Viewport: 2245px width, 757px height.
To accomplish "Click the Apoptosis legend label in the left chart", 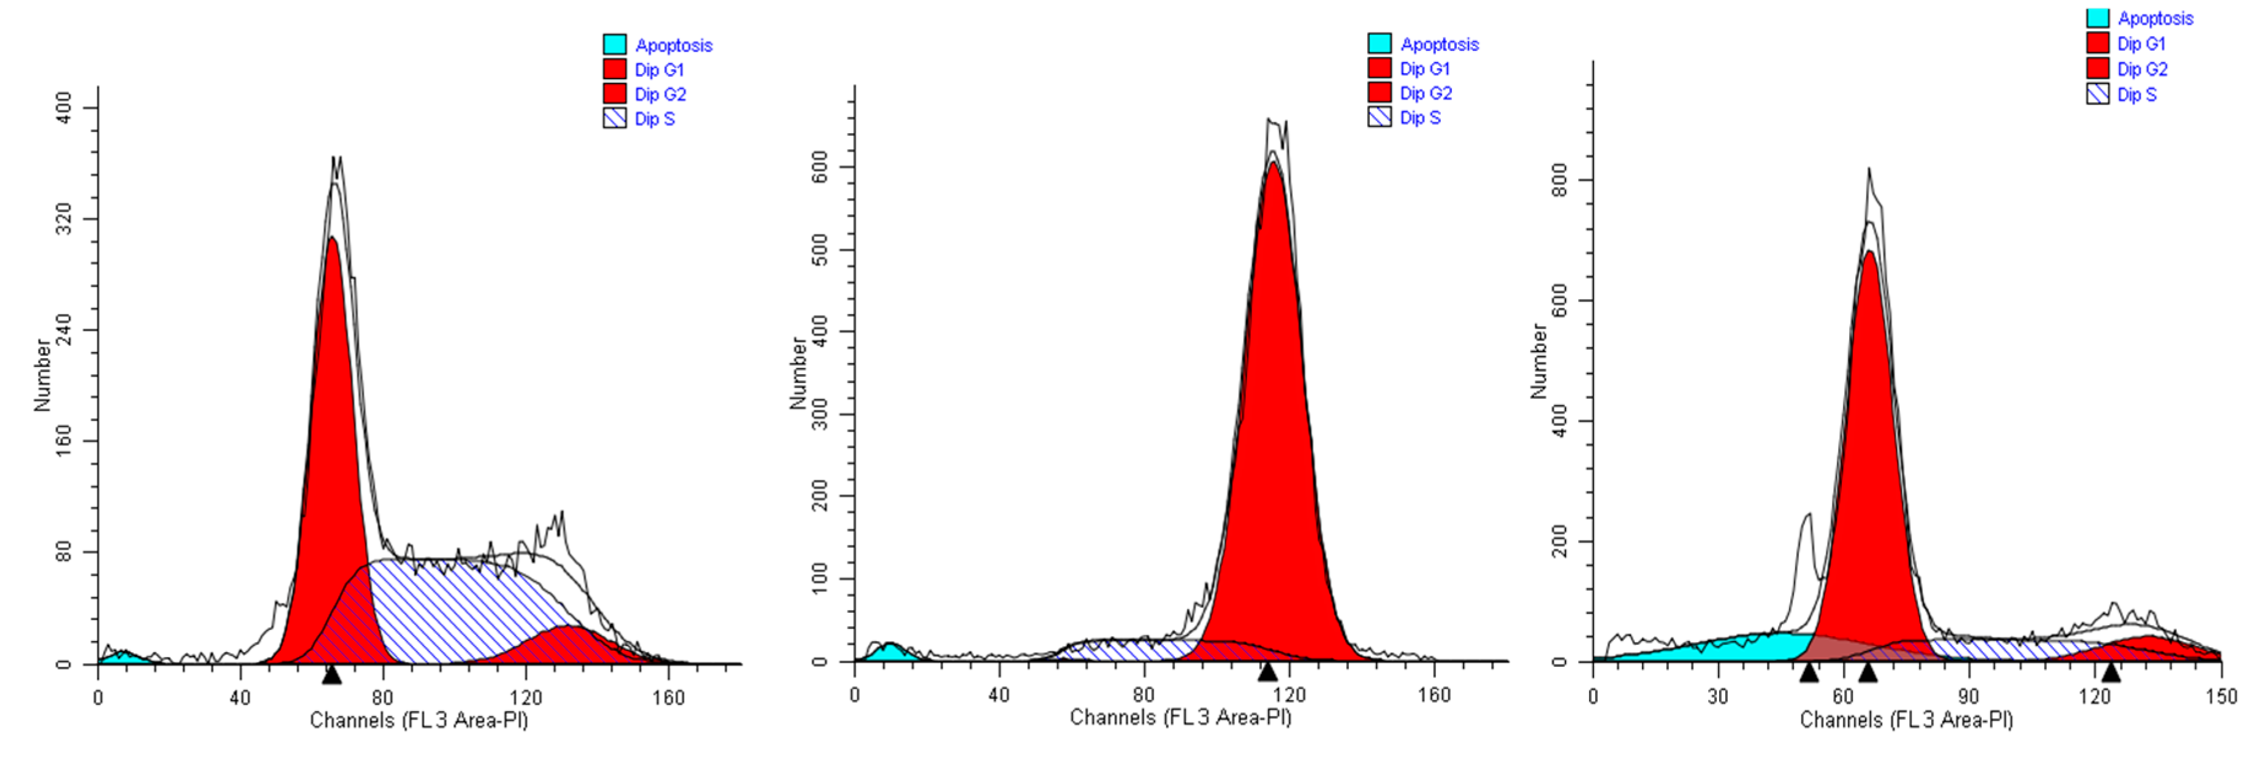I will pyautogui.click(x=674, y=45).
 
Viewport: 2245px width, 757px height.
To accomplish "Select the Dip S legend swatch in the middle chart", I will pyautogui.click(x=1380, y=117).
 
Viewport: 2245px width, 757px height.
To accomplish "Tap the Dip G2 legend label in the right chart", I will pyautogui.click(x=2142, y=69).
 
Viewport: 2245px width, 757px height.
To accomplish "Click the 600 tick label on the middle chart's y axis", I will pyautogui.click(x=820, y=167).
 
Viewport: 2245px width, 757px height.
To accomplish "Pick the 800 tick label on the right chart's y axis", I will pyautogui.click(x=1560, y=180).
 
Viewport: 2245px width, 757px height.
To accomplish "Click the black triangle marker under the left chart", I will pyautogui.click(x=331, y=674).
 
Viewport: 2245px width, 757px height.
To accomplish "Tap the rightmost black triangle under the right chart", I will pyautogui.click(x=2110, y=672).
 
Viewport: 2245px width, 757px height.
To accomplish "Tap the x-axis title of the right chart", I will pyautogui.click(x=1906, y=720).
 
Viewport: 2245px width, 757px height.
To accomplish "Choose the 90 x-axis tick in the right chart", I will pyautogui.click(x=1969, y=697).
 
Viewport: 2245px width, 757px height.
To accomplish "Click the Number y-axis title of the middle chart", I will pyautogui.click(x=797, y=372).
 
